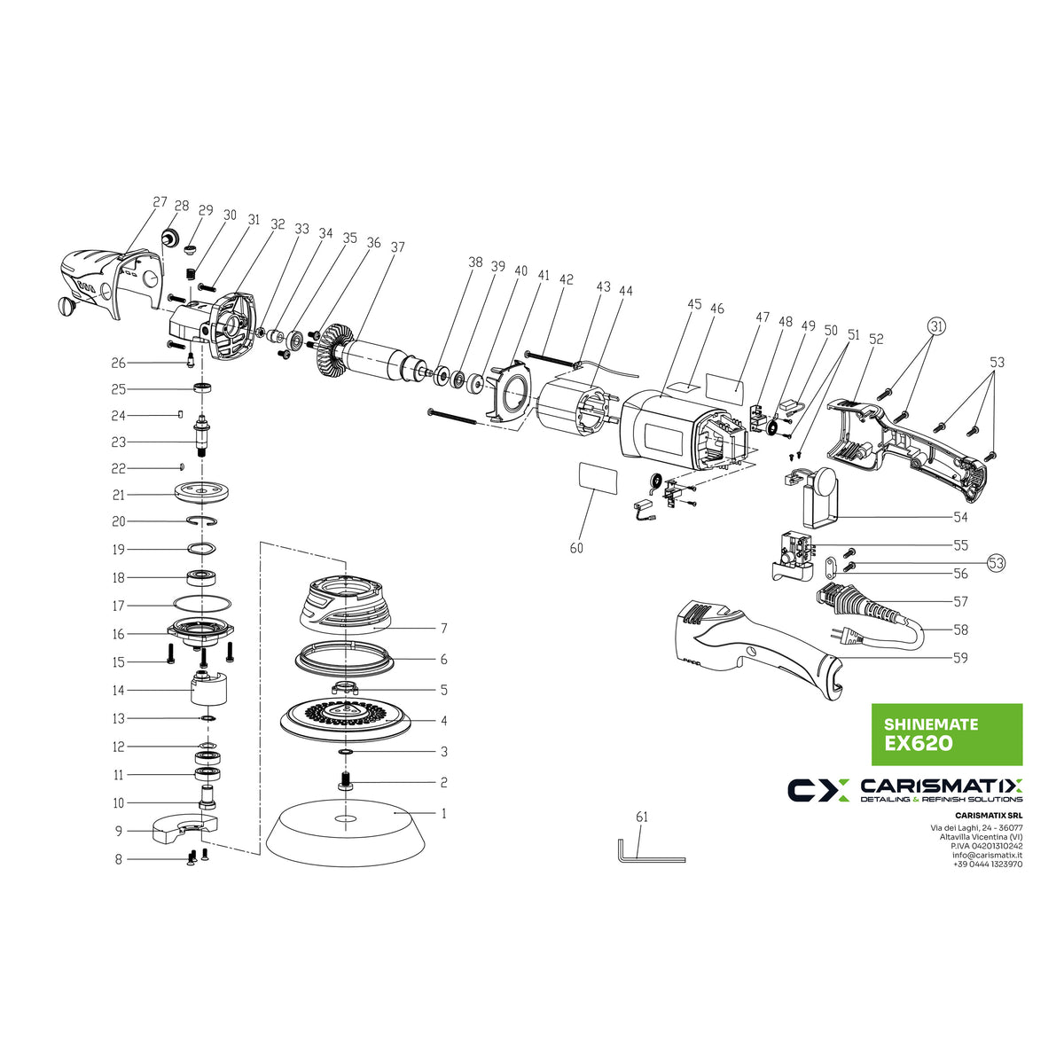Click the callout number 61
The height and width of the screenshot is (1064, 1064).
pyautogui.click(x=642, y=817)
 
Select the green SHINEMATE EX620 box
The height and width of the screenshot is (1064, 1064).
pyautogui.click(x=947, y=734)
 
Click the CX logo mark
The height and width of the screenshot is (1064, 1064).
pyautogui.click(x=818, y=789)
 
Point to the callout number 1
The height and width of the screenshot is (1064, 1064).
pyautogui.click(x=444, y=813)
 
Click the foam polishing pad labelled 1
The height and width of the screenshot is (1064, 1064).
pyautogui.click(x=347, y=833)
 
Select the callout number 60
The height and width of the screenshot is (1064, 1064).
pyautogui.click(x=576, y=548)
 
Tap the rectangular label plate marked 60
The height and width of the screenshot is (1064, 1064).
pyautogui.click(x=598, y=477)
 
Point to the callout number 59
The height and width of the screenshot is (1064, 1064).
pyautogui.click(x=960, y=658)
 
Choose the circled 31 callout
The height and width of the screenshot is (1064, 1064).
pyautogui.click(x=938, y=325)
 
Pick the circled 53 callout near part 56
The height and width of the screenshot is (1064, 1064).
pyautogui.click(x=997, y=562)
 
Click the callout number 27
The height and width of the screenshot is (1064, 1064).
pyautogui.click(x=160, y=201)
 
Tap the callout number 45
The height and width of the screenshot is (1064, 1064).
pyautogui.click(x=694, y=304)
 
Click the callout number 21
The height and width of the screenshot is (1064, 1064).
pyautogui.click(x=119, y=495)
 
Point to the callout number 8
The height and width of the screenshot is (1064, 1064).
pyautogui.click(x=119, y=859)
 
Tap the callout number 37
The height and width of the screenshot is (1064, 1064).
pyautogui.click(x=397, y=246)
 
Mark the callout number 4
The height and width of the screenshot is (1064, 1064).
pyautogui.click(x=444, y=721)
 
